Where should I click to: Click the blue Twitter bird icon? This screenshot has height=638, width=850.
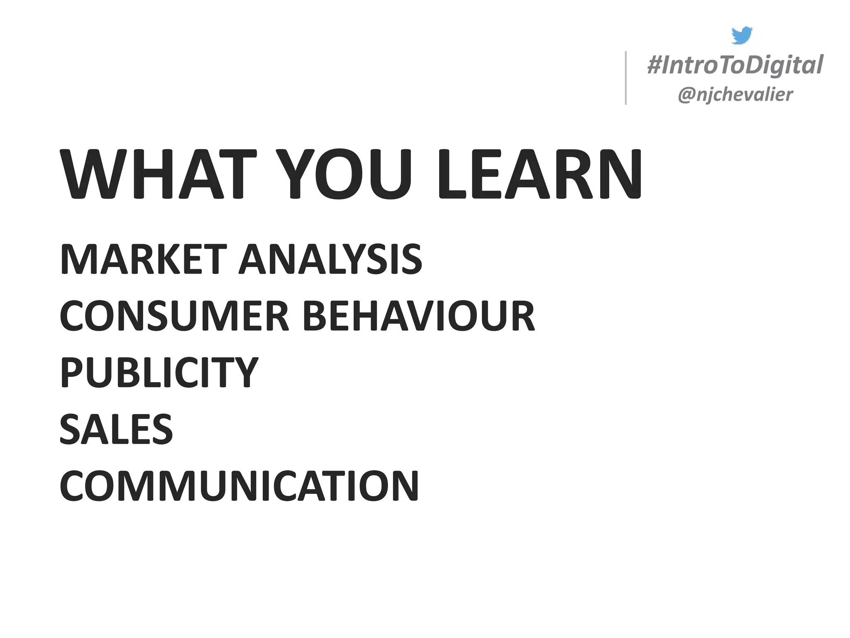click(742, 35)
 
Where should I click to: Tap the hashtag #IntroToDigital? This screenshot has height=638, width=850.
click(735, 65)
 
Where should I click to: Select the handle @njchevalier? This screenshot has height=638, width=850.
click(735, 95)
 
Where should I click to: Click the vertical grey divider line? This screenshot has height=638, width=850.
click(626, 78)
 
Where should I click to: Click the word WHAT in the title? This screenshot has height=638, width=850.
click(158, 174)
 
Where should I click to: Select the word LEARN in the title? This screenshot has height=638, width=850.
click(540, 174)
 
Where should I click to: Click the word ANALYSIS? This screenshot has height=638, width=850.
click(331, 260)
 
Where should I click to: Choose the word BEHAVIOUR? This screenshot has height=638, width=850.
click(419, 317)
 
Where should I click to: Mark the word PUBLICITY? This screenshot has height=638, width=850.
click(159, 372)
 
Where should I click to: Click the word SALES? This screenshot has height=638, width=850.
click(116, 429)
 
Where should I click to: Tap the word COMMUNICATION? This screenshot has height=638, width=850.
click(239, 486)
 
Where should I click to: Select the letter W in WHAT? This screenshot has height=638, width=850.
click(89, 174)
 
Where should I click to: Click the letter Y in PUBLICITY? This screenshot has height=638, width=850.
click(245, 372)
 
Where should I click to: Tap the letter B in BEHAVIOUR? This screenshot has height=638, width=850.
click(316, 317)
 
